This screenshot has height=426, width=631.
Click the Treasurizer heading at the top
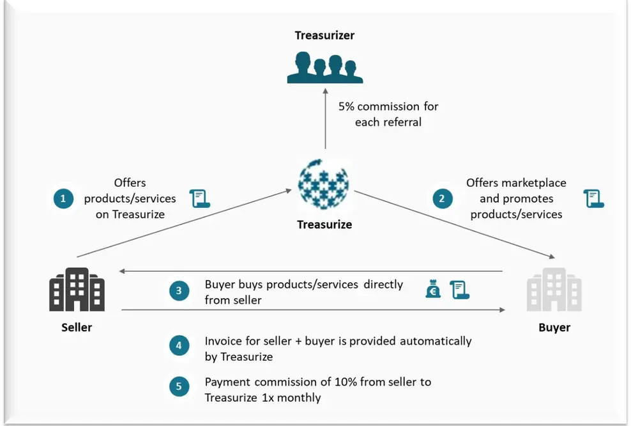coord(324,35)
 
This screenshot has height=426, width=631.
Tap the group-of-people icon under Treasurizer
coord(325,67)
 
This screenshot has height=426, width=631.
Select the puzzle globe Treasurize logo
coord(324,184)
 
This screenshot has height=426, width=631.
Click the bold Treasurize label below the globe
coord(324,225)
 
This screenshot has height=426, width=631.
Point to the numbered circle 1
coord(64,199)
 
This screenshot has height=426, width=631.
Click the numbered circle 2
coord(443,199)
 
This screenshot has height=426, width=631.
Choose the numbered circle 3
coord(179,291)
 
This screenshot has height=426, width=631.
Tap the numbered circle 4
coord(179,346)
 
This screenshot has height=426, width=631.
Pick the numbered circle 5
coord(179,386)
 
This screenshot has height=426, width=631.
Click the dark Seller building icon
coord(77,289)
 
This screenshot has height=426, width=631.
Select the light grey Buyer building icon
coord(554,289)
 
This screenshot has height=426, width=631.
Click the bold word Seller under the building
coord(77,327)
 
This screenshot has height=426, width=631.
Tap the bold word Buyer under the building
coord(554,327)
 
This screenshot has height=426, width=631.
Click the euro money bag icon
coord(433,288)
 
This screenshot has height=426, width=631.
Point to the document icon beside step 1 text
coord(200,199)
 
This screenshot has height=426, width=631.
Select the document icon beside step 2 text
coord(593,199)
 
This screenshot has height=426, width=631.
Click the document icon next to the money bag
coord(460,290)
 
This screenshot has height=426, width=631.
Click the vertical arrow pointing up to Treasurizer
coord(325,119)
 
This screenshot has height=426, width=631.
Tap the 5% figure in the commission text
coord(346,106)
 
